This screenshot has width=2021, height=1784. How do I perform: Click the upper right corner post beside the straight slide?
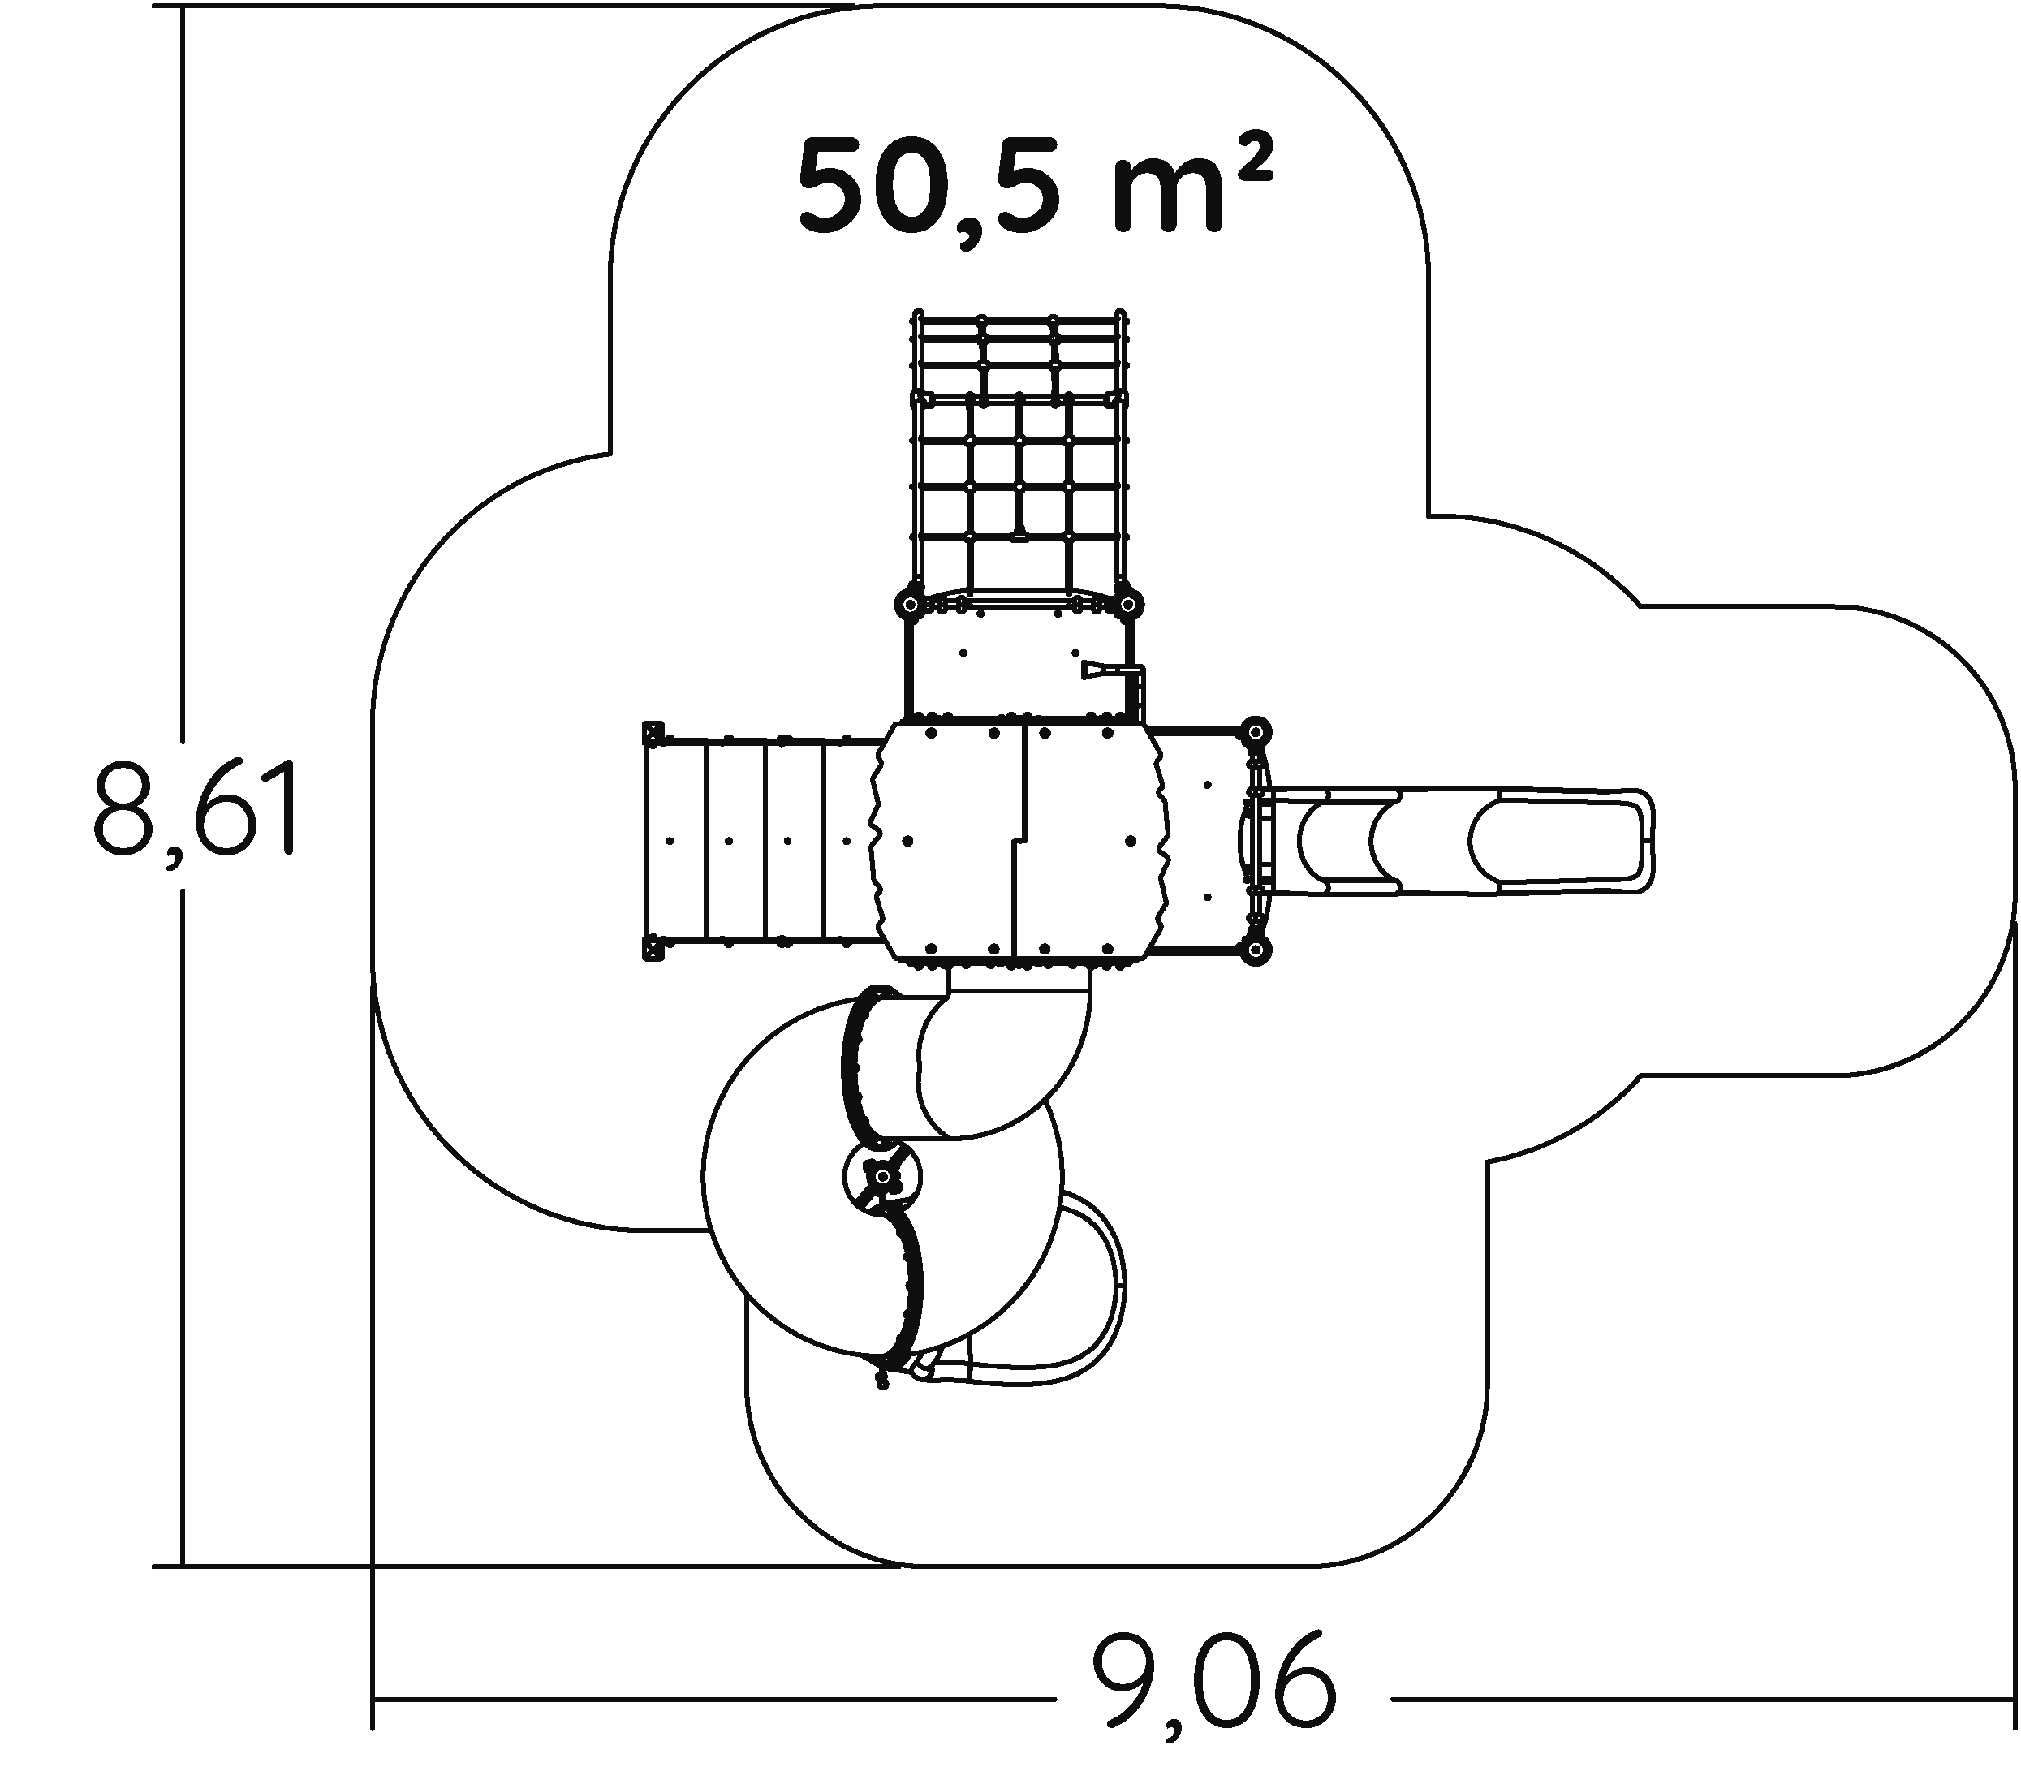coord(1255,733)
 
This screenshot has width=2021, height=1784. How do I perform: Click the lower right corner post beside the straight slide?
coord(1255,950)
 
